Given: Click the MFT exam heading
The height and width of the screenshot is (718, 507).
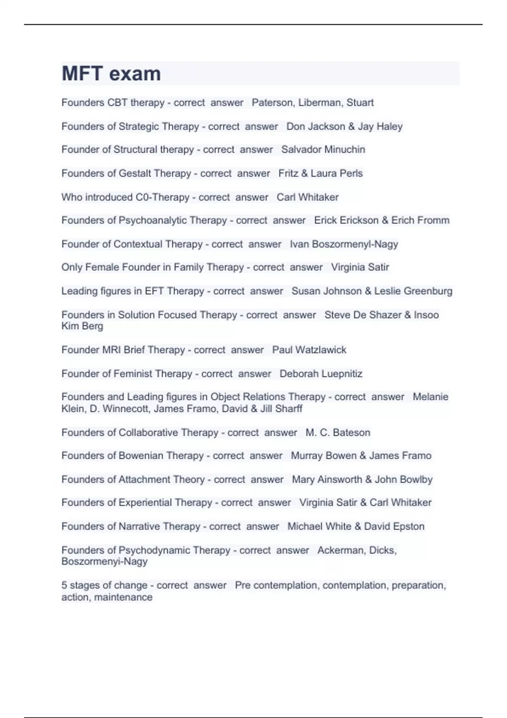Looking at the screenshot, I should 111,73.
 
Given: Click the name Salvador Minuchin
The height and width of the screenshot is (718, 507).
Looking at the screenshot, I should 323,150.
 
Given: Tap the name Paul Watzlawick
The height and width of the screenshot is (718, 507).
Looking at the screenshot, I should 309,350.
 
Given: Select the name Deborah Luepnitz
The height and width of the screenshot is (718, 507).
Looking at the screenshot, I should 321,374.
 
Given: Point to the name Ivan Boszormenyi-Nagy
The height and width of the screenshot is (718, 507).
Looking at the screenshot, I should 344,244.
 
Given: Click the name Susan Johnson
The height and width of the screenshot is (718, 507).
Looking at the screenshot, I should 327,291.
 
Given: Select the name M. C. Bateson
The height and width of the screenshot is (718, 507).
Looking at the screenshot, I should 338,432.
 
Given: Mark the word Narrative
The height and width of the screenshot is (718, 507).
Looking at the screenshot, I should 139,526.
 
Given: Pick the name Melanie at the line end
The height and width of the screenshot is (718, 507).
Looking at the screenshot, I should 430,397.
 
